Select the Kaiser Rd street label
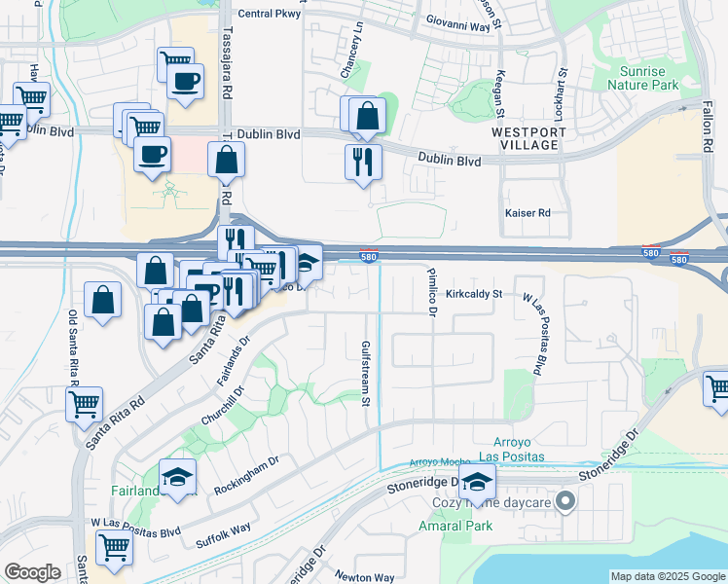(528, 212)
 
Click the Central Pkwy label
(270, 14)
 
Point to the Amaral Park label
(455, 526)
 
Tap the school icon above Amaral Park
(477, 482)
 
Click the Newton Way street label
(364, 577)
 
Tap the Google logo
(32, 572)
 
